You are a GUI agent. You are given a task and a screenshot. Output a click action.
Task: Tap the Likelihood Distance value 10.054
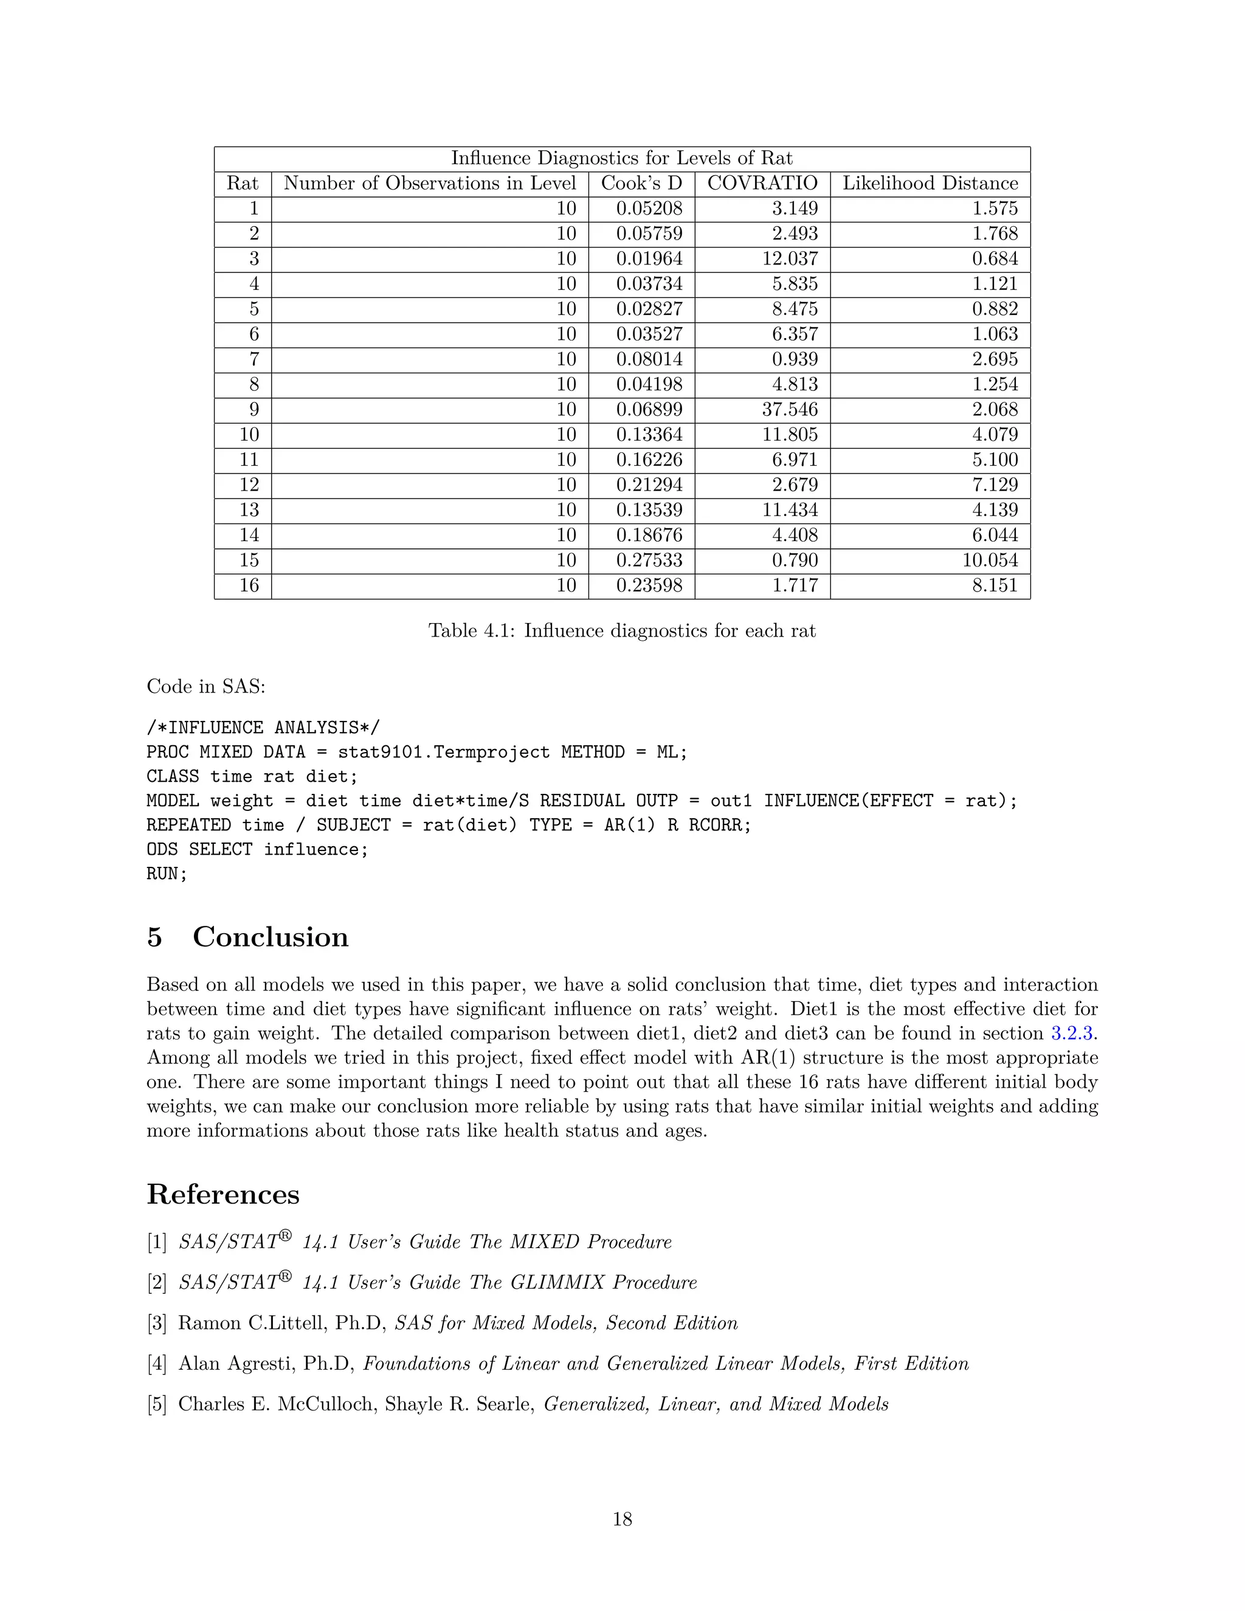990,561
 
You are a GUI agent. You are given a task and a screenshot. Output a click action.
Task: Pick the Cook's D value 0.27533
649,561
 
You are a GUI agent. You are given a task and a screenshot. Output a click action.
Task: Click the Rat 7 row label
253,360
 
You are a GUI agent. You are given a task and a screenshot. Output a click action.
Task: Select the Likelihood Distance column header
930,184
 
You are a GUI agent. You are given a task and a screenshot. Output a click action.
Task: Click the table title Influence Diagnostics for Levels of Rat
622,159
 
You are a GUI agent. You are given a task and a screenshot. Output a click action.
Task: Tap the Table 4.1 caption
622,630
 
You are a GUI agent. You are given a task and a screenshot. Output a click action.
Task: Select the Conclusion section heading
270,937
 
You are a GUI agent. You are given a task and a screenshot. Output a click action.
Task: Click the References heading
222,1194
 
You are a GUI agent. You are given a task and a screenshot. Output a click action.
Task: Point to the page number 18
622,1519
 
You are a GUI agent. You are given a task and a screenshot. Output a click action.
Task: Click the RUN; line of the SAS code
167,874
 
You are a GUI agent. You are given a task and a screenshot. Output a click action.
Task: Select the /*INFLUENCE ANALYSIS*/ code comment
263,728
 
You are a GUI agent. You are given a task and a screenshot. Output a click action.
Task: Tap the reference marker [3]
157,1323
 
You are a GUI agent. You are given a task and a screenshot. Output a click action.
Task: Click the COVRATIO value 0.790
795,561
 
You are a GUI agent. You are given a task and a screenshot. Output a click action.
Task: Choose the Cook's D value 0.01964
649,259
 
